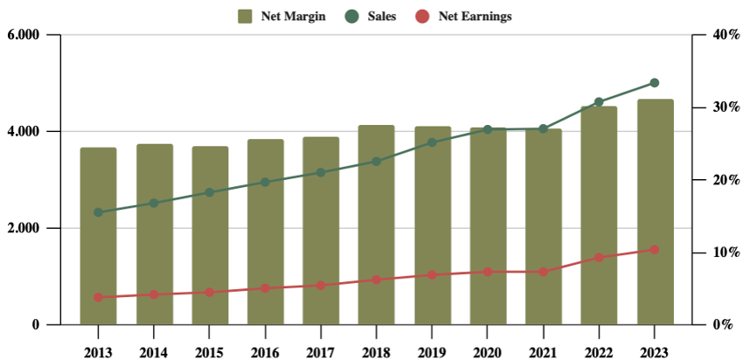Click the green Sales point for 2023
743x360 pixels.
pyautogui.click(x=655, y=83)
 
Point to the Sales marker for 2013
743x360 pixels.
pyautogui.click(x=98, y=212)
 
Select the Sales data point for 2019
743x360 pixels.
pyautogui.click(x=432, y=142)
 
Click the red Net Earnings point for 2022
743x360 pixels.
pyautogui.click(x=599, y=258)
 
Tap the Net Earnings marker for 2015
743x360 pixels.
pyautogui.click(x=209, y=292)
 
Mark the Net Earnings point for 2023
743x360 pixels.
pyautogui.click(x=655, y=250)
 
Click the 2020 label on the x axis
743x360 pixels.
pyautogui.click(x=488, y=352)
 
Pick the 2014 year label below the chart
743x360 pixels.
pyautogui.click(x=154, y=352)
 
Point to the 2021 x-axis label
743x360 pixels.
pyautogui.click(x=544, y=352)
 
